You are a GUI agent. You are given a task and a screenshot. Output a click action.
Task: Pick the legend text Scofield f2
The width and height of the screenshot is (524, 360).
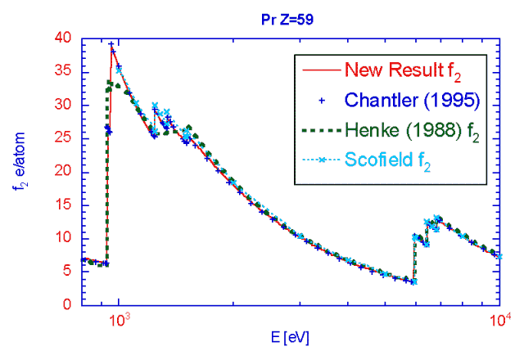click(388, 162)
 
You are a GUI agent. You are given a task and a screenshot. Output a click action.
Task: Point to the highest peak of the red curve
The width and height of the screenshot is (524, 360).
click(111, 45)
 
